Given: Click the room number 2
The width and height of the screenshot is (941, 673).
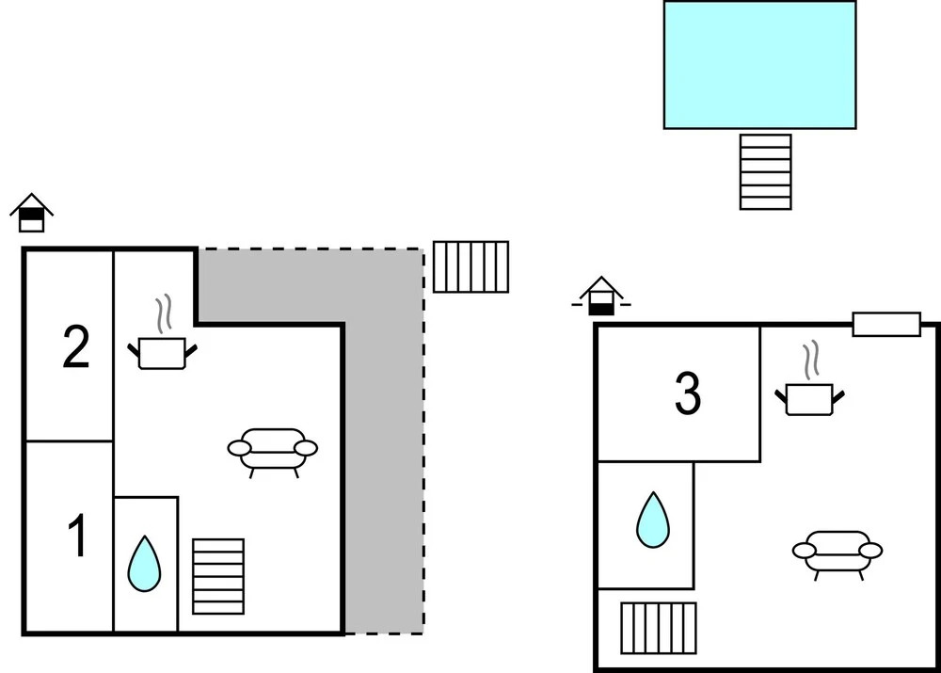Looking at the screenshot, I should coord(76,347).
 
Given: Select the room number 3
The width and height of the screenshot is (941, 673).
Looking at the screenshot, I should coord(688,395).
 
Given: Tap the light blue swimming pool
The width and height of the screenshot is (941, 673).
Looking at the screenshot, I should coord(759,64).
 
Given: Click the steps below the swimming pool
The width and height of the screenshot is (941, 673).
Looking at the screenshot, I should coord(765,171).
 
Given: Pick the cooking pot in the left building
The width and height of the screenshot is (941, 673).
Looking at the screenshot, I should coord(163,353).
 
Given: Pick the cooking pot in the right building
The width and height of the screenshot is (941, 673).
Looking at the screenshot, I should coord(809,398).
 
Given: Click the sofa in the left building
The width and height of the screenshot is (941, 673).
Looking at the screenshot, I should coord(273,449).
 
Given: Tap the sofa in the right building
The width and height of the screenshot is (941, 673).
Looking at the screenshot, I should coord(837,551).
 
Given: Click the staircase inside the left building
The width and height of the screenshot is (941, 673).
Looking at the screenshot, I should coord(218,576).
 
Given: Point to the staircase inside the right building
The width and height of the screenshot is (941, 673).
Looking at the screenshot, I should coord(659,628).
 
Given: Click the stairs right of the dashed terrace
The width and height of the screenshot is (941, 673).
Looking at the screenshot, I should coord(470,266).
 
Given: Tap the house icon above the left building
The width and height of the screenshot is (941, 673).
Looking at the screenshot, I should coord(31,214).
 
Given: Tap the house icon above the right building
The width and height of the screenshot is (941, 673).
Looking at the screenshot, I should coord(601,296).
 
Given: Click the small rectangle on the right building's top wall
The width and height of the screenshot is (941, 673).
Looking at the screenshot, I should coord(886,324).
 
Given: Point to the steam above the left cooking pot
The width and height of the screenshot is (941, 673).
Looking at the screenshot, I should coord(165,313).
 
